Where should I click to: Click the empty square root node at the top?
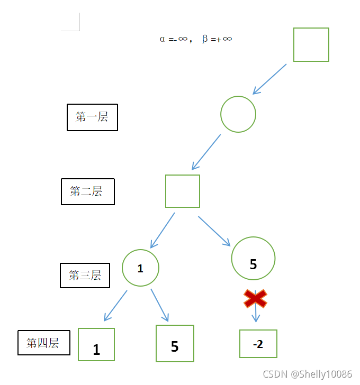pos(311,44)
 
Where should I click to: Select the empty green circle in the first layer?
pos(238,114)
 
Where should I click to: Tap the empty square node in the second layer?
pos(183,191)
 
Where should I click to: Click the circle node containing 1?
pos(140,268)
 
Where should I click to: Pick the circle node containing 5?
pos(253,258)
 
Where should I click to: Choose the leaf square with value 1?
pos(96,344)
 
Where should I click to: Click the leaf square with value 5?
pos(175,343)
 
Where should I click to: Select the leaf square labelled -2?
pos(258,344)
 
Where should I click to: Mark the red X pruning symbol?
pos(255,299)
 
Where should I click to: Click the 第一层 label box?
pos(92,117)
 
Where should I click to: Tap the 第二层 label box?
pos(87,191)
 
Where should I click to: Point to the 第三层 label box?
pos(85,276)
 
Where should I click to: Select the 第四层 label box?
pos(43,343)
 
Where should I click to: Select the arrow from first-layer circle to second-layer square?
pos(206,151)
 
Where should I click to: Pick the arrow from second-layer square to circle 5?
pos(214,231)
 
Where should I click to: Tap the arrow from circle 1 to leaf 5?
pos(159,305)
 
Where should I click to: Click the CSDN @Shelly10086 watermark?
pos(307,374)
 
